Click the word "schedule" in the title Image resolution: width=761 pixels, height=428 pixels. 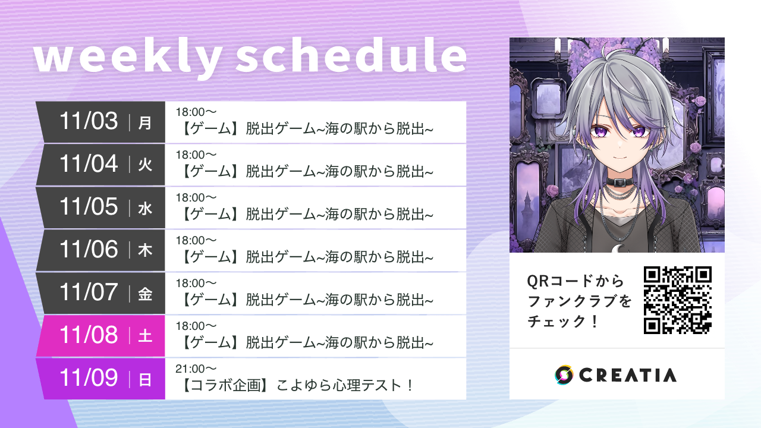point(351,57)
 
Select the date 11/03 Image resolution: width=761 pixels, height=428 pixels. point(89,121)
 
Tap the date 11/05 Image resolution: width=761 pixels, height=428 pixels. point(89,207)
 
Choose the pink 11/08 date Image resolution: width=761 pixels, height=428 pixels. point(89,335)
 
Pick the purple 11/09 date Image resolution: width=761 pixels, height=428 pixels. point(89,378)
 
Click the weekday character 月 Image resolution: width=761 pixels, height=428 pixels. point(145,123)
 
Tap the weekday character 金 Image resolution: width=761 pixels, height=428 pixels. point(145,294)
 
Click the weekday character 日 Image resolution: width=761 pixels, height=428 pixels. point(145,380)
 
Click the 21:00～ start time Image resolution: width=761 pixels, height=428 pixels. point(196,369)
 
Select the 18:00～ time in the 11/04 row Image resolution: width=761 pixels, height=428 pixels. point(196,155)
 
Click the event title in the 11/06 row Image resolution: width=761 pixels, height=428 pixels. point(307,257)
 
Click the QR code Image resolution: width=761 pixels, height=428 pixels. point(677,300)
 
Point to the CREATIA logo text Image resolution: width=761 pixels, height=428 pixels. point(627,375)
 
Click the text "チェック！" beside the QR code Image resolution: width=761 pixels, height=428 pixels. point(561,322)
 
